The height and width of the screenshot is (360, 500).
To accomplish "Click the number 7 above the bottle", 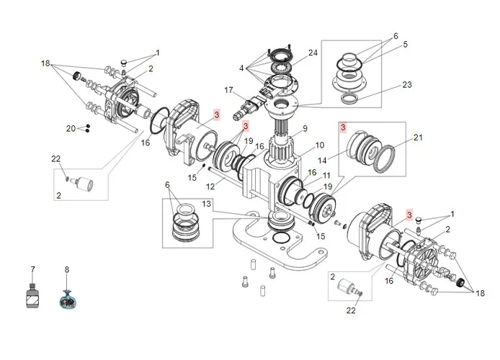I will pyautogui.click(x=32, y=270).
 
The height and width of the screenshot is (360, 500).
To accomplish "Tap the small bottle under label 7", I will pyautogui.click(x=32, y=297).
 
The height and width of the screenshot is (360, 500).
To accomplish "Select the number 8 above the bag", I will pyautogui.click(x=67, y=270).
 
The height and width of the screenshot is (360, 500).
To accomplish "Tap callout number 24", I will pyautogui.click(x=313, y=53).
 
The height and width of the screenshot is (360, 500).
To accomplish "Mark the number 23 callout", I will pyautogui.click(x=407, y=84).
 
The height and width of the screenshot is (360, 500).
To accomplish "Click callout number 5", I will pyautogui.click(x=406, y=45).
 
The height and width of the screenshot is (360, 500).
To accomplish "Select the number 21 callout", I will pyautogui.click(x=419, y=137).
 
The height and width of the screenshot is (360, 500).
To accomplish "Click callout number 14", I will pyautogui.click(x=343, y=161).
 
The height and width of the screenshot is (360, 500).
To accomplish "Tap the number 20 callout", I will pyautogui.click(x=71, y=128).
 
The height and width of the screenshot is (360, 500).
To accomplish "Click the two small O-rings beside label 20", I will pyautogui.click(x=86, y=129).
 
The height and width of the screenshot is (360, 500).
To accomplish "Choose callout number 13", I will pyautogui.click(x=207, y=204).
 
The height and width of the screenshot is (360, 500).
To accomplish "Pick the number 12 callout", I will pyautogui.click(x=210, y=187).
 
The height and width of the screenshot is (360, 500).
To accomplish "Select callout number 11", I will pyautogui.click(x=327, y=176).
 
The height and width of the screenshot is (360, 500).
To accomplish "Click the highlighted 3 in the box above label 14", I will pyautogui.click(x=343, y=127).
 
